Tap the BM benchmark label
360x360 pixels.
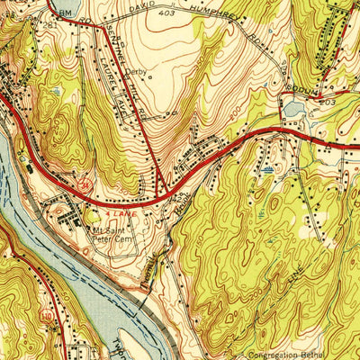(x=63, y=13)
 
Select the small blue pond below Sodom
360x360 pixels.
(x=293, y=109)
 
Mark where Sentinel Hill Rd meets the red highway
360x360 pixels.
(x=162, y=191)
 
